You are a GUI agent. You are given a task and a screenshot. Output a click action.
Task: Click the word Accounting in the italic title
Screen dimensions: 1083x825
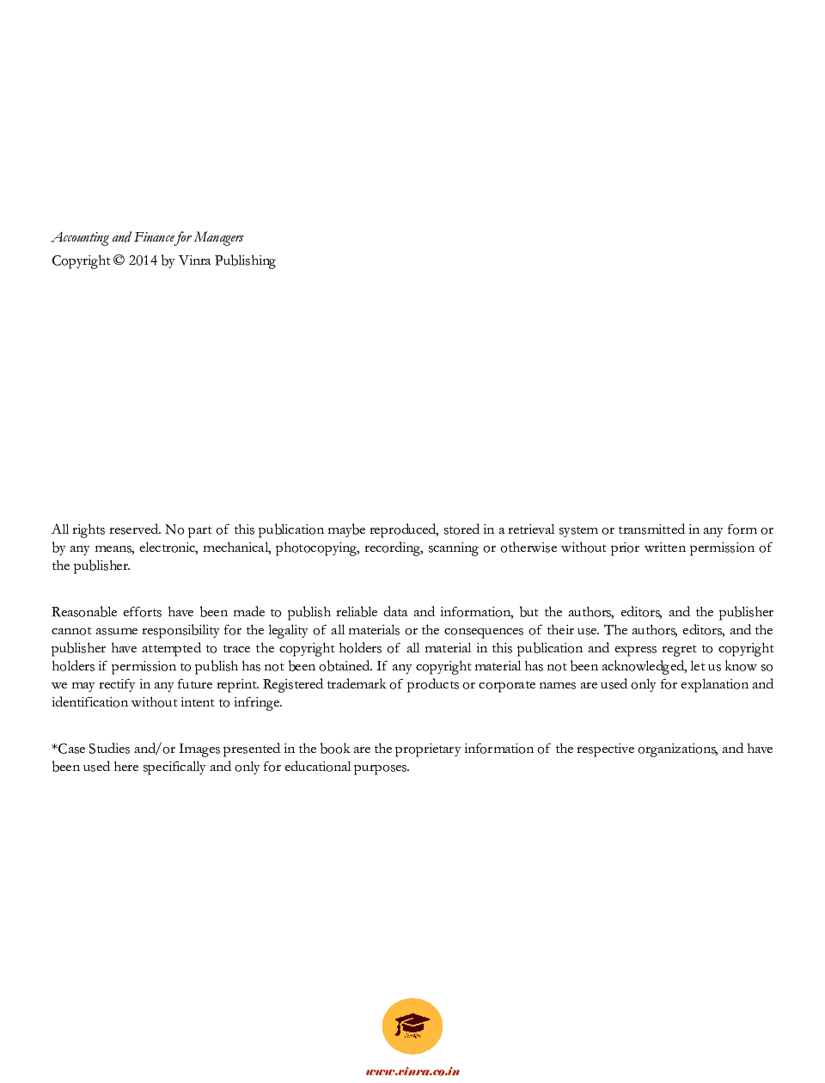pos(80,238)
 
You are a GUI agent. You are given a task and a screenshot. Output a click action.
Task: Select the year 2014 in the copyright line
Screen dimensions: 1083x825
pos(143,260)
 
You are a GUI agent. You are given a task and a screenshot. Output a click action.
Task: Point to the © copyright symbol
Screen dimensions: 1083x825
pos(119,260)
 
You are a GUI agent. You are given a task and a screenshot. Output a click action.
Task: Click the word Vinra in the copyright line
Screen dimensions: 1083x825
pos(194,260)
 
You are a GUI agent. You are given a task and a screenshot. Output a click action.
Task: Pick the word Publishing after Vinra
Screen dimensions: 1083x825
pos(245,260)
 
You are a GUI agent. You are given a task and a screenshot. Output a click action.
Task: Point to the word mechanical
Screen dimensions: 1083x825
pos(235,548)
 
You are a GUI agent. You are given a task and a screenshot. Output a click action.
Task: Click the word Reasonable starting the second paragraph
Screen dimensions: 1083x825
pos(83,612)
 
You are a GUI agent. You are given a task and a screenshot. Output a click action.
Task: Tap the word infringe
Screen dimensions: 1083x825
pos(256,702)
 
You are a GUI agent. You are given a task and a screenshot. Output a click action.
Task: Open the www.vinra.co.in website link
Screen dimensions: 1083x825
pos(412,1071)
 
